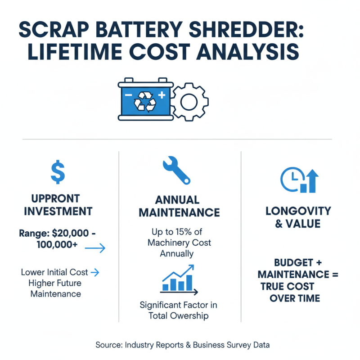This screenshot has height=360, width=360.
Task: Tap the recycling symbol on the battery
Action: pos(145,102)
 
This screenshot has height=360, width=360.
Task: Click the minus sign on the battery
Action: pos(128,96)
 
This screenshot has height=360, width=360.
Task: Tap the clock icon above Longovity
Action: pos(289,179)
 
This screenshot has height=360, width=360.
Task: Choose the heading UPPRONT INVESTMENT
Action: pos(56,205)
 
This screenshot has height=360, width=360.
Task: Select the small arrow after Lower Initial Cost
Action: pos(95,272)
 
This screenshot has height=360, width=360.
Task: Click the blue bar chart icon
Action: pos(178,279)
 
